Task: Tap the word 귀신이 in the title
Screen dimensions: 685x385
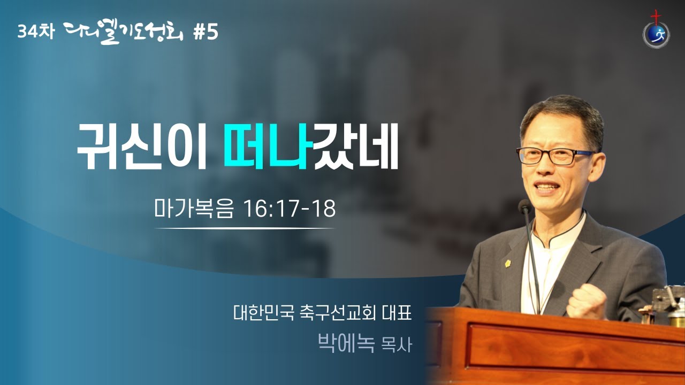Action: [x=142, y=146]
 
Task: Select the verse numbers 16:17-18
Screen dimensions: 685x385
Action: [x=290, y=209]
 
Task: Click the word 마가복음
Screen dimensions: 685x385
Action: [x=194, y=209]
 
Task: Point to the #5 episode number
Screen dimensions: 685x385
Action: [x=206, y=33]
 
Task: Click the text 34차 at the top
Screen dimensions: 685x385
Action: [x=36, y=32]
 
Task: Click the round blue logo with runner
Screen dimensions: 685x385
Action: [x=656, y=36]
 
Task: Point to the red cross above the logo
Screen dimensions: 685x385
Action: [x=656, y=17]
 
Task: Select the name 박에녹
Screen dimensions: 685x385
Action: [x=346, y=343]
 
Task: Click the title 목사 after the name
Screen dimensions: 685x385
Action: [x=397, y=345]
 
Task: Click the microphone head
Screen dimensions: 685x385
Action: [x=525, y=207]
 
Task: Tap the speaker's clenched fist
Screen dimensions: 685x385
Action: [x=587, y=301]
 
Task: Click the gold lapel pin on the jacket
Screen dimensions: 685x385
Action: [x=508, y=263]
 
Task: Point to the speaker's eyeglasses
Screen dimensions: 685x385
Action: [x=555, y=156]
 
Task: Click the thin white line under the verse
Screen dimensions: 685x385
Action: [x=245, y=228]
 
